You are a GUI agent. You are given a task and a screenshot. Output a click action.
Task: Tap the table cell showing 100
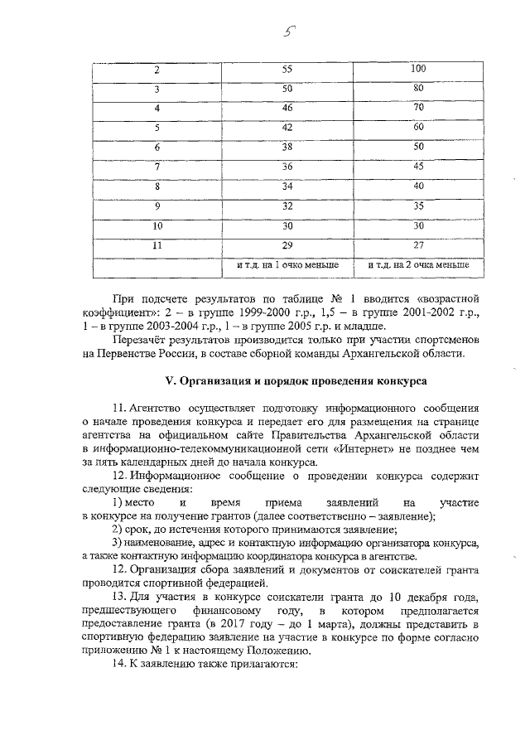(418, 69)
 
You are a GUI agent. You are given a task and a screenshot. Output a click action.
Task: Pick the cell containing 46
(287, 108)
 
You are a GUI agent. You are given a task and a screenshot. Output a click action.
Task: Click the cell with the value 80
(418, 88)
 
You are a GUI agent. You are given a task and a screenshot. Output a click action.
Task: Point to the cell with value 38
(287, 147)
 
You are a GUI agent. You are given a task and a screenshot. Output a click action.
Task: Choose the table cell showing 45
(418, 166)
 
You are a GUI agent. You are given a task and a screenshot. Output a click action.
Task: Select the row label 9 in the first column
(157, 205)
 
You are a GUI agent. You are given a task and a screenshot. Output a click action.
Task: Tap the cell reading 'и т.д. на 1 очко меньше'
(287, 264)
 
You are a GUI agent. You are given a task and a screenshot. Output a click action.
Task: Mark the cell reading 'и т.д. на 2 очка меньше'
(418, 264)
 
